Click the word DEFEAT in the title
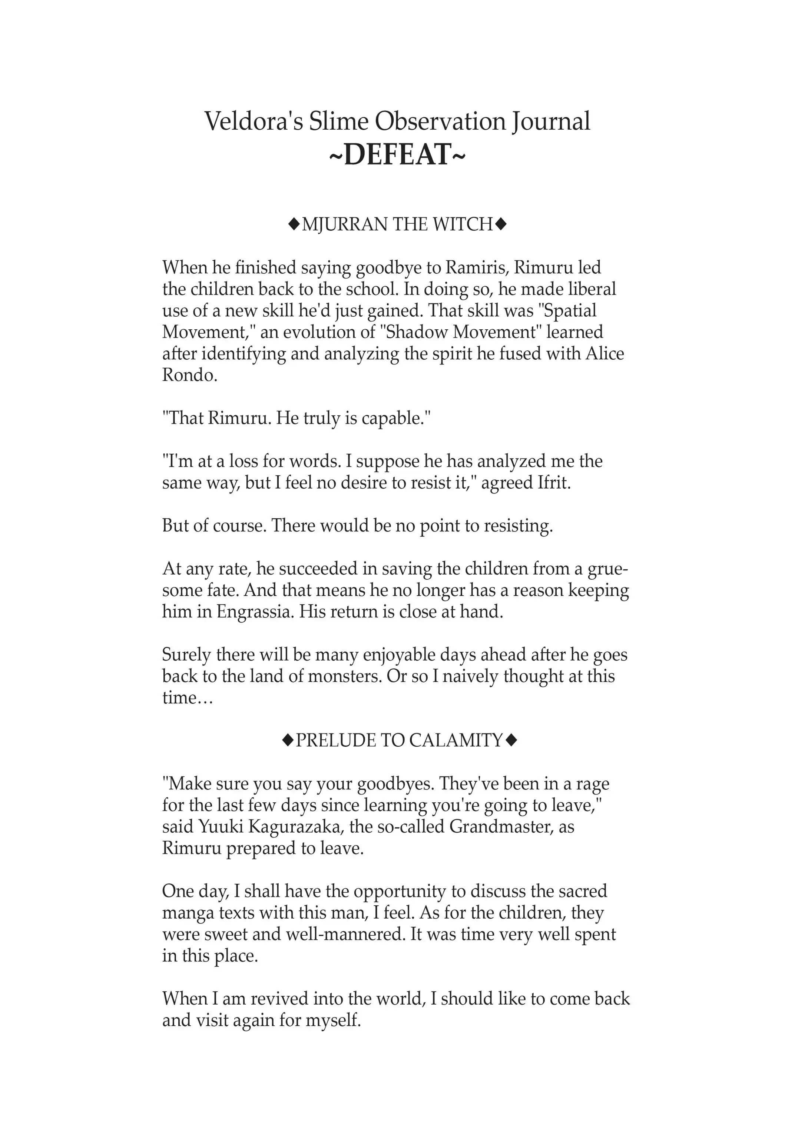point(397,154)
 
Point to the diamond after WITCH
point(501,225)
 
